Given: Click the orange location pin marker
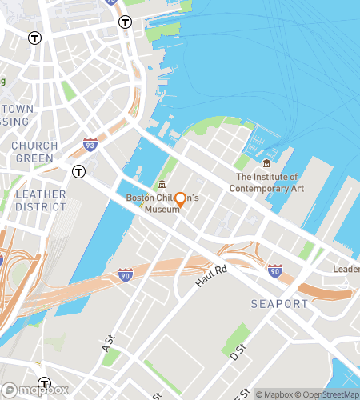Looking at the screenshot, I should [x=181, y=199].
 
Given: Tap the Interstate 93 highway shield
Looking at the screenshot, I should [x=90, y=146].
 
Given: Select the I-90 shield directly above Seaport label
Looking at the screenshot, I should [x=274, y=270].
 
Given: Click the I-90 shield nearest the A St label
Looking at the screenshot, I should [x=125, y=274].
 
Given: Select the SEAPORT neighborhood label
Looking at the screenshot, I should [x=279, y=304].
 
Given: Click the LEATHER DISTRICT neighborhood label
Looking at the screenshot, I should [x=40, y=200].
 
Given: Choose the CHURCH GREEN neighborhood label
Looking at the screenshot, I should [x=34, y=152].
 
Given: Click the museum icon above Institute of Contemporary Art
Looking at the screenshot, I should [x=266, y=164].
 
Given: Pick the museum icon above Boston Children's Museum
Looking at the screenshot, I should [x=162, y=185].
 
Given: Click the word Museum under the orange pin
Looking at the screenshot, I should [x=162, y=210].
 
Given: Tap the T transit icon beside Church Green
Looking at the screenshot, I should [x=78, y=171].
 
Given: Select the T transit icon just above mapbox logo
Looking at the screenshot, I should [x=44, y=383].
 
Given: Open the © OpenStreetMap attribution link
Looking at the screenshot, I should [x=330, y=394].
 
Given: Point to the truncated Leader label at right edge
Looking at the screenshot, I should [x=346, y=270].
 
